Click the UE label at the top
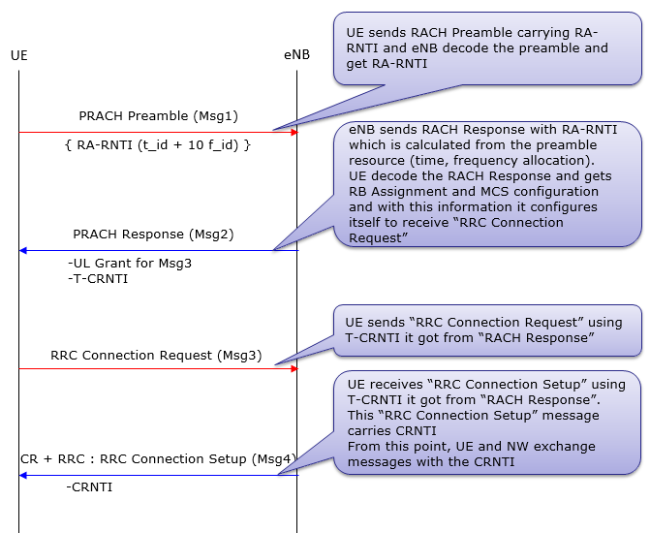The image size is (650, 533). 18,55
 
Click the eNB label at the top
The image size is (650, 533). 296,55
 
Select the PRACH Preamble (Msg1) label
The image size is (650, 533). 158,116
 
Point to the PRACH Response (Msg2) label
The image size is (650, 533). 153,235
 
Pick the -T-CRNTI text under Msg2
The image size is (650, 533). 97,279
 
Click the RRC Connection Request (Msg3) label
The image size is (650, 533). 156,355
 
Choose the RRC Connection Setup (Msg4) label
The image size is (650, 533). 158,458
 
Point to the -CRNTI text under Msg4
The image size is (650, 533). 89,487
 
